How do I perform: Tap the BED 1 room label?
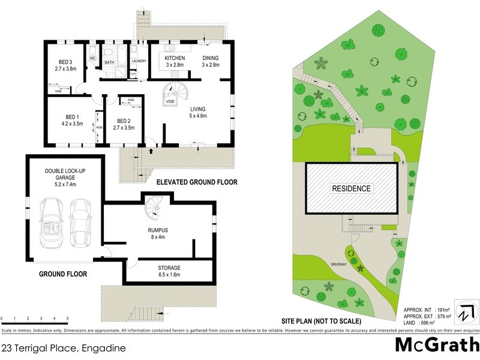click(x=72, y=120)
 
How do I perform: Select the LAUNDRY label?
click(x=139, y=61)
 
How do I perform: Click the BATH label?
click(x=109, y=61)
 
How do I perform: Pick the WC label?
click(x=93, y=58)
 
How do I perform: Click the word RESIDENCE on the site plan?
click(x=352, y=188)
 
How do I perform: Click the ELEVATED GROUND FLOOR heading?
click(x=197, y=182)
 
